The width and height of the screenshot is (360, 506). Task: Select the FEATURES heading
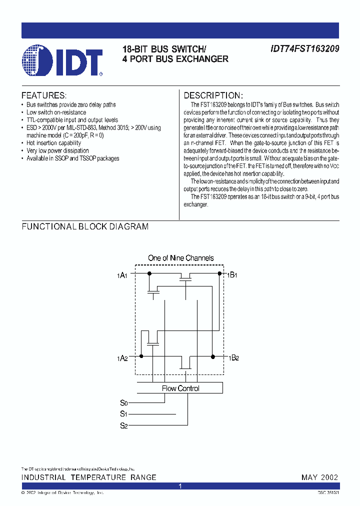(43, 95)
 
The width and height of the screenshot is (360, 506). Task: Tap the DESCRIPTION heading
(213, 95)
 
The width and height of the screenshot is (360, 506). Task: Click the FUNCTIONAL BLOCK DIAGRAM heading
(85, 226)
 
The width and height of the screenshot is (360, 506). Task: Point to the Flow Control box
(180, 388)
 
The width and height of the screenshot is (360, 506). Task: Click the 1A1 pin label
(122, 275)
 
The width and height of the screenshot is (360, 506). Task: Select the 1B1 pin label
(233, 275)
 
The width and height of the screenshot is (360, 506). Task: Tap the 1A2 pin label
(122, 358)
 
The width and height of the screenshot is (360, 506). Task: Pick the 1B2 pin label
(233, 358)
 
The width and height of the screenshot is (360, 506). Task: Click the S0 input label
(124, 402)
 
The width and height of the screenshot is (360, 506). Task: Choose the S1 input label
(124, 414)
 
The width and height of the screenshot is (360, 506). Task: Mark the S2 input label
(124, 425)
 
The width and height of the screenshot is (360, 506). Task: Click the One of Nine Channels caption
(180, 258)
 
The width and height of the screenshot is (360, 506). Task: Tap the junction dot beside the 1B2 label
(213, 356)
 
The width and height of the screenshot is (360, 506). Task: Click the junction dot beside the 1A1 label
(148, 273)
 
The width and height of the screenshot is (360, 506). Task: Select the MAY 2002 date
(319, 477)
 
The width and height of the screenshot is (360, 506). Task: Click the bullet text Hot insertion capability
(53, 143)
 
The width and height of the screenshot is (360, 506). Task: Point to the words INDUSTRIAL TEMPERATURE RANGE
(88, 477)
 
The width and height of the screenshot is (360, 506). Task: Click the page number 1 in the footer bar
(180, 486)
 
